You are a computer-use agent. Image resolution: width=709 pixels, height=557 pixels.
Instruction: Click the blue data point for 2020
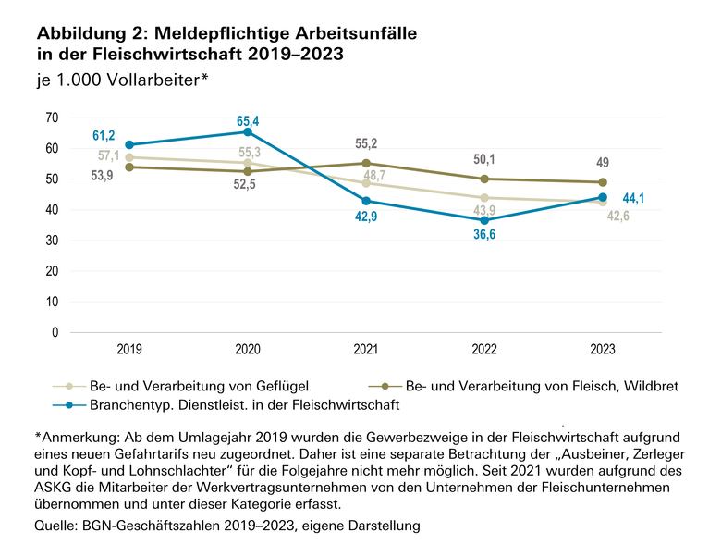pos(248,132)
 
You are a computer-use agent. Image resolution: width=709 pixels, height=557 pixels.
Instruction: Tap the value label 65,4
pos(247,119)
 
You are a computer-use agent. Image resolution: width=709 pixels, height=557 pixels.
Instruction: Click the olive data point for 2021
pos(366,163)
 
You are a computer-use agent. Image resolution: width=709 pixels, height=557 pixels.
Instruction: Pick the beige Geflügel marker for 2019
pos(129,157)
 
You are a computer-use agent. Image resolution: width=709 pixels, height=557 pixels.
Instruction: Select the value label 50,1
pos(483,158)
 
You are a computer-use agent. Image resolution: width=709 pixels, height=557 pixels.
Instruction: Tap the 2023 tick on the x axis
pos(602,351)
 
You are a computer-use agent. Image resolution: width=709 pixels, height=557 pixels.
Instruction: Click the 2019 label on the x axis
pos(129,351)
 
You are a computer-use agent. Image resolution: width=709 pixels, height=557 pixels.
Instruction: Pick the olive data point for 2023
pos(603,182)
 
